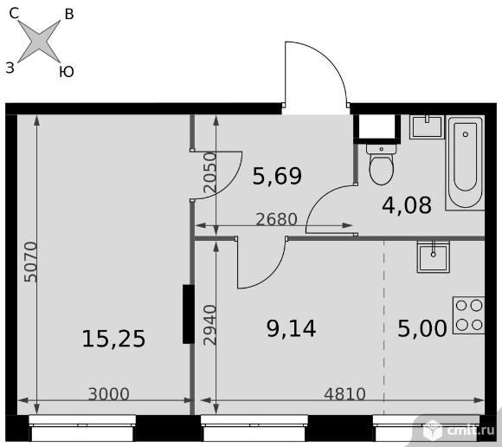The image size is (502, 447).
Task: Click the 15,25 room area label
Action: click(113, 339)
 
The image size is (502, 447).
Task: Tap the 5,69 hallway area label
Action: click(277, 176)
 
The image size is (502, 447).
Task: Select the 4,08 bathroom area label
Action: click(407, 205)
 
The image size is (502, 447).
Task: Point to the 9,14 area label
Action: click(291, 328)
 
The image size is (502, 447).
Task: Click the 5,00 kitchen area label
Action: click(422, 328)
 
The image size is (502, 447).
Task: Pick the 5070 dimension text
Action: click(31, 262)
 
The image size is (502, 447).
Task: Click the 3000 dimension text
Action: click(109, 394)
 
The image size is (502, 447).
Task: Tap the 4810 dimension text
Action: click(344, 394)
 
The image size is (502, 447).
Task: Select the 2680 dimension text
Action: click(277, 219)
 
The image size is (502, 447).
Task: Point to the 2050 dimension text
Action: click(210, 172)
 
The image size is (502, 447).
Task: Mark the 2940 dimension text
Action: click(210, 325)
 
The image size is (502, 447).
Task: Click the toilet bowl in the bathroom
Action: click(381, 165)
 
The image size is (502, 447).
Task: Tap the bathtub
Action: click(465, 163)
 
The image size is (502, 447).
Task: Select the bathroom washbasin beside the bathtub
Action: click(427, 126)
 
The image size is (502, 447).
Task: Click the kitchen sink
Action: click(433, 257)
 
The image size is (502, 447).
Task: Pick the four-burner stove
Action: click(469, 315)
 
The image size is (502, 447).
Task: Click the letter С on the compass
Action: click(14, 14)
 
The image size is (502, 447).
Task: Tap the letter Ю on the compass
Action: click(67, 71)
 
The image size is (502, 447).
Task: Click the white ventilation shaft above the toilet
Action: click(377, 126)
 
